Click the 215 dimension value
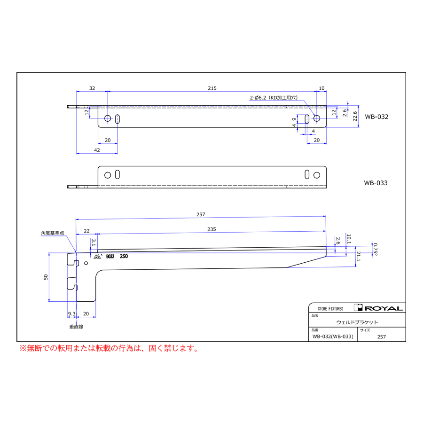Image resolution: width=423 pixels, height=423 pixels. (212, 88)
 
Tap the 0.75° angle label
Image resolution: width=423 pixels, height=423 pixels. (375, 249)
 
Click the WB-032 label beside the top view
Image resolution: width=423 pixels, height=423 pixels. (376, 117)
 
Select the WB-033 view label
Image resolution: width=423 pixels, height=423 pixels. (376, 183)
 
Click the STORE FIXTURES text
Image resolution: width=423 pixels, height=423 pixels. (330, 309)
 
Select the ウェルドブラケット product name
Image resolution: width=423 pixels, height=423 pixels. (357, 322)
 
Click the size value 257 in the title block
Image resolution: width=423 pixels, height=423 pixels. (382, 337)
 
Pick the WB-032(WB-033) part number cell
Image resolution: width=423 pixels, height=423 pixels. (333, 337)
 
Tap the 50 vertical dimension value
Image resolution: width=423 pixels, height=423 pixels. (46, 277)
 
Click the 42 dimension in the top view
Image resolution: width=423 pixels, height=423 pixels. (97, 149)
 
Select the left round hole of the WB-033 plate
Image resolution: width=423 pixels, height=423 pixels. (108, 175)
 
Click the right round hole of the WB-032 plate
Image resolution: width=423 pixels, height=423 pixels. (316, 118)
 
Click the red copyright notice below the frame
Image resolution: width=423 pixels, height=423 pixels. (109, 348)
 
